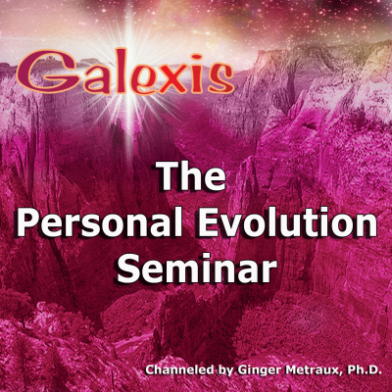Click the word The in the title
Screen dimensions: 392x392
[192, 176]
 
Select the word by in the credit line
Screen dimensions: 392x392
[225, 371]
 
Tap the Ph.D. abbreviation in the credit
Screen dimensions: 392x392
[364, 370]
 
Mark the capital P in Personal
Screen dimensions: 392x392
[26, 222]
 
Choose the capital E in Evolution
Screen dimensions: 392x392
[209, 222]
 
